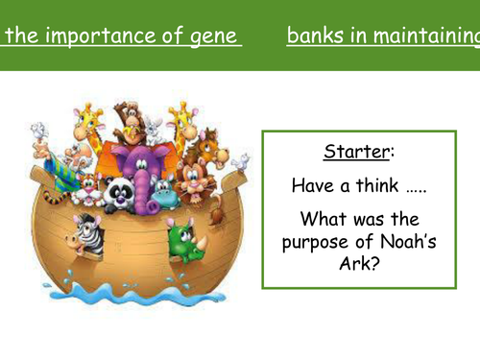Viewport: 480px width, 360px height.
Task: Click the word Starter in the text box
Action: coord(358,152)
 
